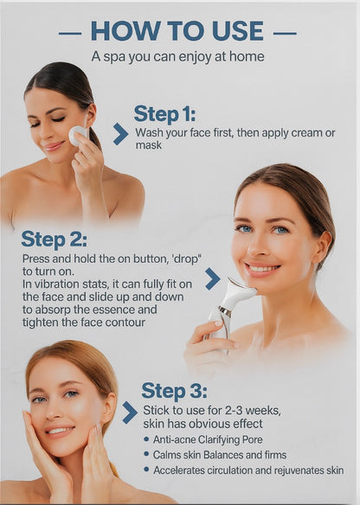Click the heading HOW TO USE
(177, 31)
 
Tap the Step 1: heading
(164, 113)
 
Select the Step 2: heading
(54, 240)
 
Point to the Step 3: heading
(174, 391)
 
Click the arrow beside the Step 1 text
(120, 134)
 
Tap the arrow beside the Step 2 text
(212, 278)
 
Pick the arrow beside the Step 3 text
(130, 412)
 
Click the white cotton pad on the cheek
(77, 135)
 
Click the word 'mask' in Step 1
(149, 145)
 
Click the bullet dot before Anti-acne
(146, 439)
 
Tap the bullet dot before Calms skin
(146, 454)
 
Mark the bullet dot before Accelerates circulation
(146, 470)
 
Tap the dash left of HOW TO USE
(70, 33)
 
